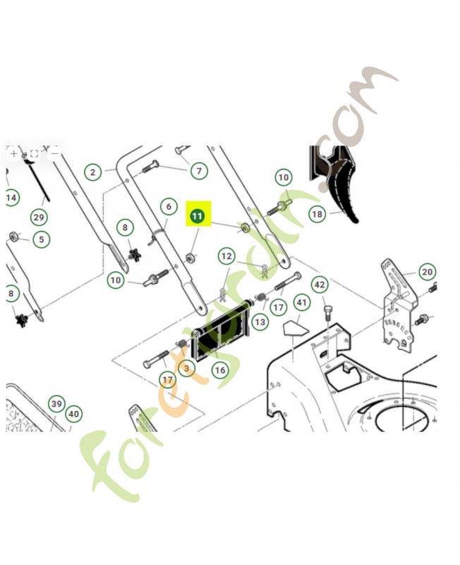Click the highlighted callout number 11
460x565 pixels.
(197, 216)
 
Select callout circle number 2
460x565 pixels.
(93, 172)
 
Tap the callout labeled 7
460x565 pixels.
(199, 170)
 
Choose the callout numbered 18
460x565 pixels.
(317, 214)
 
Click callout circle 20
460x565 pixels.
(428, 272)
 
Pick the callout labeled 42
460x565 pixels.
(320, 285)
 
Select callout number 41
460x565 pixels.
(302, 302)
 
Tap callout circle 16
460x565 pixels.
(220, 369)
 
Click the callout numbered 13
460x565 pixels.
(260, 322)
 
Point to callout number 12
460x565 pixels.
(226, 256)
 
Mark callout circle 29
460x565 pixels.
(39, 218)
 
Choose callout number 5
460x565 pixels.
(42, 239)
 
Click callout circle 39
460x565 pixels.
(56, 403)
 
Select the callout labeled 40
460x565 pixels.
(74, 414)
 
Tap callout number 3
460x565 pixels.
(186, 368)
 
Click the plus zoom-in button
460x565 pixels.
(13, 154)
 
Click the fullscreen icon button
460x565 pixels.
(34, 154)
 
